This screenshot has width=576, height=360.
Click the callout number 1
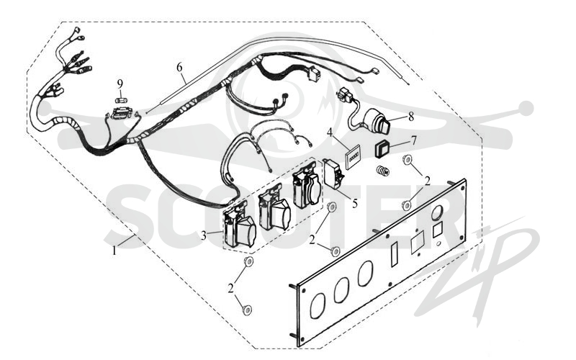click(x=114, y=251)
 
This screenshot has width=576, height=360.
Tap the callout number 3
click(x=204, y=236)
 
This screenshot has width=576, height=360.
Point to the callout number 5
click(x=354, y=203)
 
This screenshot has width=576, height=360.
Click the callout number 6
click(x=179, y=67)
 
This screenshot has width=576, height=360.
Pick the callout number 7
click(x=413, y=140)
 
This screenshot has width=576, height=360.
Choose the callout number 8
click(x=410, y=117)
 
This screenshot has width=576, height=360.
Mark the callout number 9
click(x=120, y=84)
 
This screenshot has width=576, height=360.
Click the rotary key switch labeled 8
click(x=371, y=122)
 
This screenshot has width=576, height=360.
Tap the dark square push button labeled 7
click(x=382, y=150)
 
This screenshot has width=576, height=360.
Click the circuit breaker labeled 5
click(x=333, y=174)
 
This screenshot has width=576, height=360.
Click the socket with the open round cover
click(x=307, y=189)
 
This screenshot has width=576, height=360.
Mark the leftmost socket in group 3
click(x=240, y=228)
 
